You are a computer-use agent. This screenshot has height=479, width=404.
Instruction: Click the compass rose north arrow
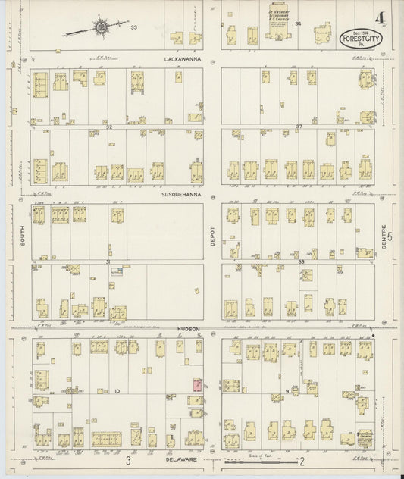pos(100,28)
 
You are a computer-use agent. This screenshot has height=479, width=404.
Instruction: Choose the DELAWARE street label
pos(186,459)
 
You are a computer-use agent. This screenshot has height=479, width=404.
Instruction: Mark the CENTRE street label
pos(392,240)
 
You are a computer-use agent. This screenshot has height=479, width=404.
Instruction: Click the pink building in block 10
pos(197,385)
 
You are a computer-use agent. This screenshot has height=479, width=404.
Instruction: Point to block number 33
pos(133,27)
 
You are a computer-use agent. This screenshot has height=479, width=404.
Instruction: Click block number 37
pos(299,126)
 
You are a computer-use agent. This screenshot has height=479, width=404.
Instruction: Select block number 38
pos(300,261)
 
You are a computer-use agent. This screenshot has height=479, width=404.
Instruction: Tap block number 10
pos(117,391)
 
